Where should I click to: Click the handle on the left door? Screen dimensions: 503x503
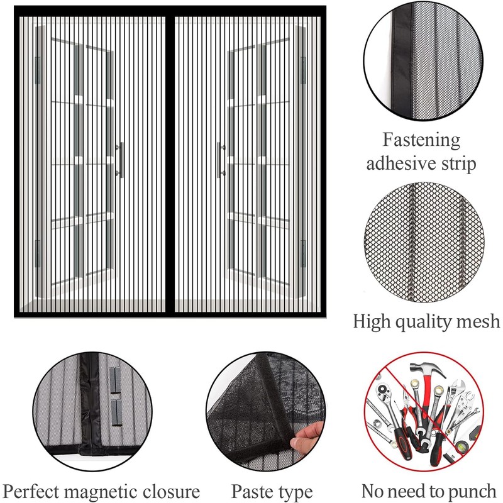coord(120,160)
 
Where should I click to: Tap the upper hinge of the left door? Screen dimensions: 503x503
coord(37,69)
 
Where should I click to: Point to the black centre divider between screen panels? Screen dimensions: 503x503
coord(170,163)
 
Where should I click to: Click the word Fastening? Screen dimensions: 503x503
coord(421,139)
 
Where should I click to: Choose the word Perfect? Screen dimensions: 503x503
coord(36,490)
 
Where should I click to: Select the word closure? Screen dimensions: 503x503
coord(175,490)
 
